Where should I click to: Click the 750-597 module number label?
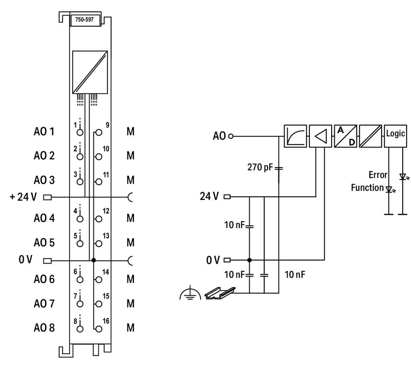point(84,20)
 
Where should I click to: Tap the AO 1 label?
point(44,131)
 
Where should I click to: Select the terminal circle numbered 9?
point(99,132)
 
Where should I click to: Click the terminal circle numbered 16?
point(99,329)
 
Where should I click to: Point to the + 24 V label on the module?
point(23,197)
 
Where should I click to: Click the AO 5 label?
point(44,242)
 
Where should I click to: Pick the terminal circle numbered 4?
point(80,219)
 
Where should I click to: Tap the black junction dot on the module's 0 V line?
point(94,260)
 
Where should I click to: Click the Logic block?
point(395,136)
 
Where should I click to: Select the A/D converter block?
point(346,136)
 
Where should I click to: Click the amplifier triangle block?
point(320,136)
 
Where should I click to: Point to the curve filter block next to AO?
point(295,136)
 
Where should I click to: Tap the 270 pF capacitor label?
point(260,167)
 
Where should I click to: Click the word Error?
point(378,175)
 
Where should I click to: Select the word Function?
point(367,188)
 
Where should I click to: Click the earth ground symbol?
point(190,293)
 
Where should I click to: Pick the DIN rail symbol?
point(220,293)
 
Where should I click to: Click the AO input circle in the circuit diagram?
point(231,136)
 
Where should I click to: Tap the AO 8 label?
point(44,327)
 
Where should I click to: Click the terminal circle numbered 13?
point(99,244)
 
